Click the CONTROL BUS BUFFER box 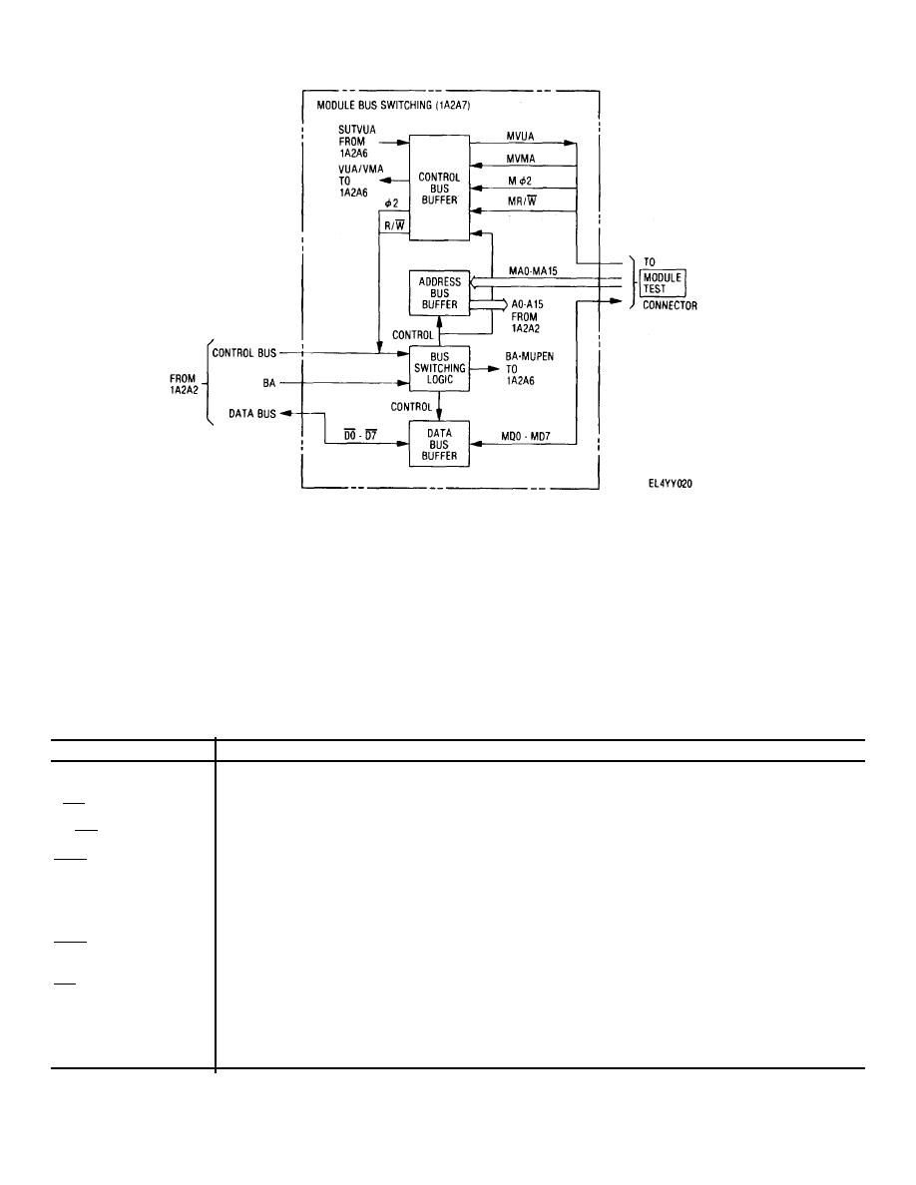[439, 187]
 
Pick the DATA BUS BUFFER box [439, 443]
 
